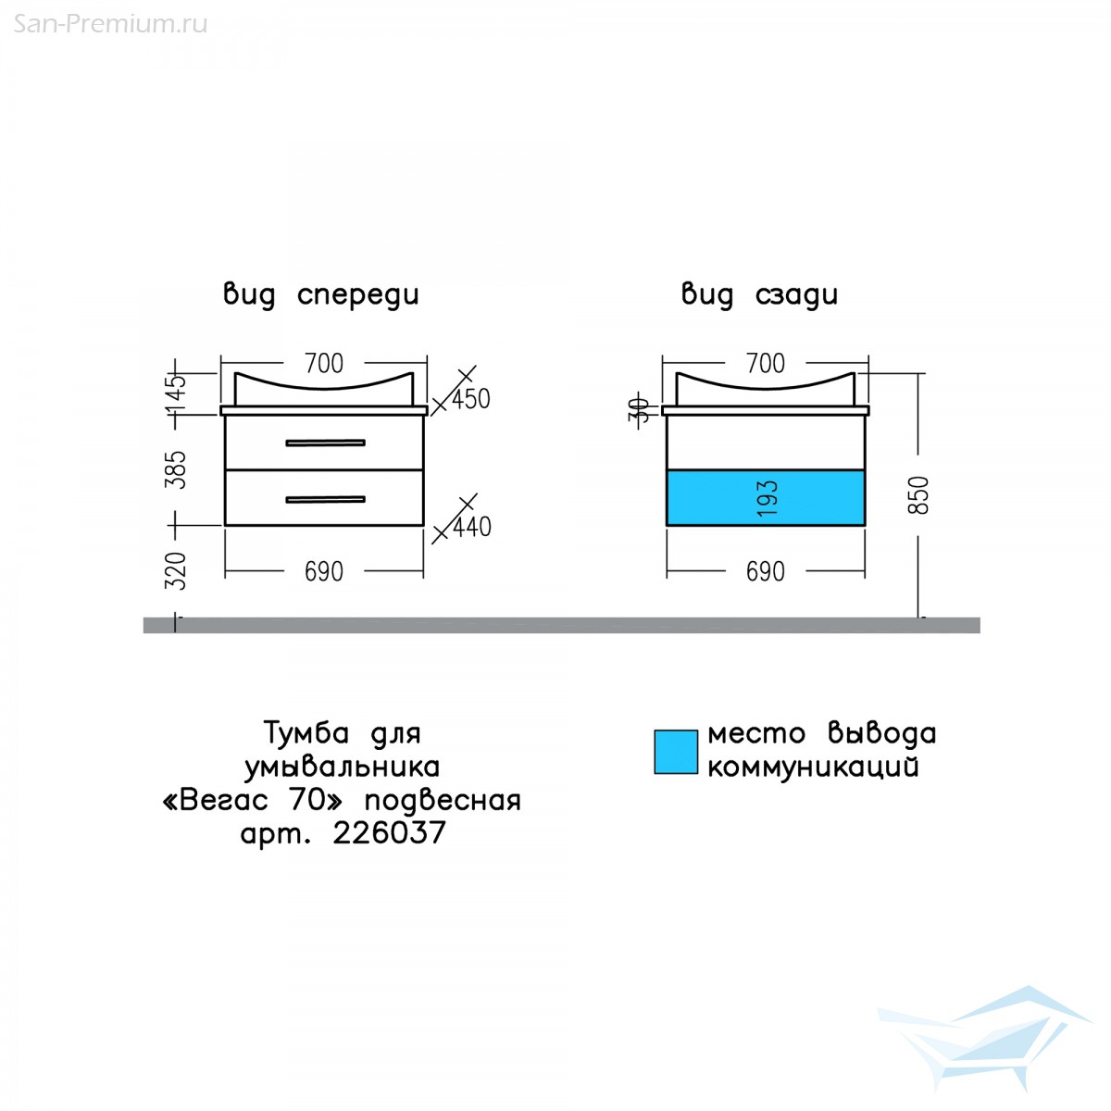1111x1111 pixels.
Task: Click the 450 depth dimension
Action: point(470,399)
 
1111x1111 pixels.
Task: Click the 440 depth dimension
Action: point(471,527)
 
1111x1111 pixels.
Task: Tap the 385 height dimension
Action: point(177,470)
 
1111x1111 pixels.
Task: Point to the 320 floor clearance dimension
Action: point(177,571)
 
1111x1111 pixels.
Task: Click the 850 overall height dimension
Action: point(918,494)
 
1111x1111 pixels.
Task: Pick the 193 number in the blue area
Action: point(768,498)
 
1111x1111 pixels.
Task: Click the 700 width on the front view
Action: point(324,363)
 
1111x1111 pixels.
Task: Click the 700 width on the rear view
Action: point(766,363)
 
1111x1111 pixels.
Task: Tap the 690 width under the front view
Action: point(324,571)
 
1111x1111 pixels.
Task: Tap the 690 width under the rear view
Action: point(766,571)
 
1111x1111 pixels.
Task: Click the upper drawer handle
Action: point(325,443)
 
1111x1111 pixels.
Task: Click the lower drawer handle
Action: point(325,499)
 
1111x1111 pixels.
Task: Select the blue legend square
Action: point(676,752)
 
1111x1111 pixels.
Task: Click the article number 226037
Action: point(389,833)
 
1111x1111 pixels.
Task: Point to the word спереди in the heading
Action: point(358,295)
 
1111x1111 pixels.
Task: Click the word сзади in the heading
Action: point(796,295)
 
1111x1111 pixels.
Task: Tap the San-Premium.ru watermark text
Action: point(110,24)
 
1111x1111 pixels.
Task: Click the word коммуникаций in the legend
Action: point(813,768)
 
